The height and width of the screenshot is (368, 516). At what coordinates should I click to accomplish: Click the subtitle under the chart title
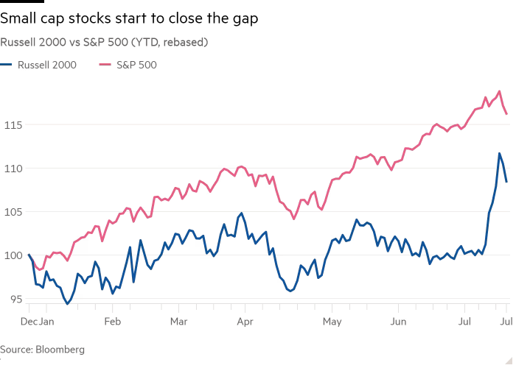point(104,43)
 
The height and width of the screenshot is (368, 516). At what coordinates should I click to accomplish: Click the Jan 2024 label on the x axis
point(38,322)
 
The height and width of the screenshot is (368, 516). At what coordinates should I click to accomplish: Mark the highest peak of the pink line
point(500,92)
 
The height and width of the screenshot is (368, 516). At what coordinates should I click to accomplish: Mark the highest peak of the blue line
point(499,154)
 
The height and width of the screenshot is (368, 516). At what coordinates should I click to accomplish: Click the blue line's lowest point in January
point(67,302)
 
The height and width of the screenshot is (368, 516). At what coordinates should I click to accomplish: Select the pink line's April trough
point(293,219)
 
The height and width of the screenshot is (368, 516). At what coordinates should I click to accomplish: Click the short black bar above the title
point(22,2)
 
